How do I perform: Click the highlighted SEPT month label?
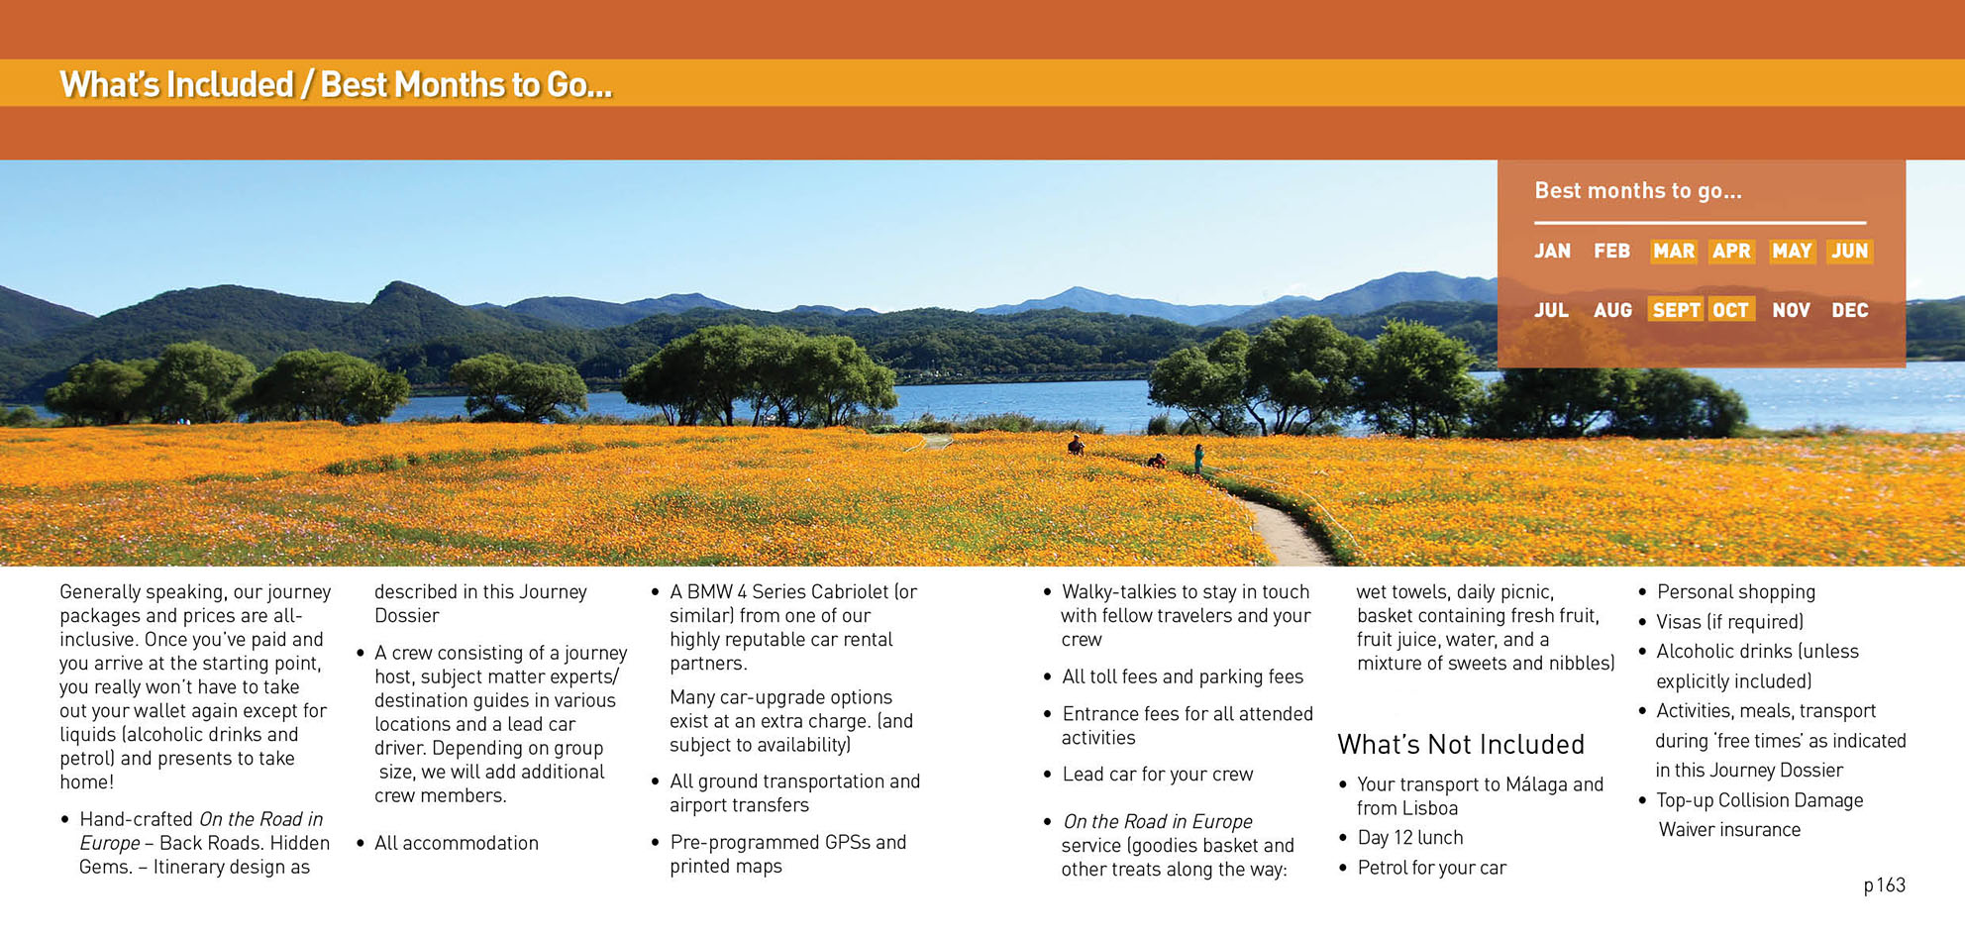click(x=1676, y=310)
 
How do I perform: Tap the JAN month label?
click(x=1552, y=252)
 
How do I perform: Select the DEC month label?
click(x=1849, y=311)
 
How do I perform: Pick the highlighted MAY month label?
click(x=1792, y=252)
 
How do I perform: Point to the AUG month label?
click(x=1612, y=311)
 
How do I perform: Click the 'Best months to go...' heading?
click(x=1637, y=190)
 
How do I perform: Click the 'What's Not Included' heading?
click(x=1461, y=744)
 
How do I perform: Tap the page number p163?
click(x=1884, y=885)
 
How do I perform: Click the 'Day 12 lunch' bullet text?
click(x=1410, y=838)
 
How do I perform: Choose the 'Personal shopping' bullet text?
click(x=1736, y=592)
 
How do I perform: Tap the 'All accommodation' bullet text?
click(x=457, y=843)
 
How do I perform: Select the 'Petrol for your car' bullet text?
click(x=1431, y=868)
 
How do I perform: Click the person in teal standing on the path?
click(x=1199, y=459)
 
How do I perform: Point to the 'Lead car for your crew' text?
click(x=1158, y=775)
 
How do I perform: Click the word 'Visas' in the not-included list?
click(x=1679, y=622)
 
